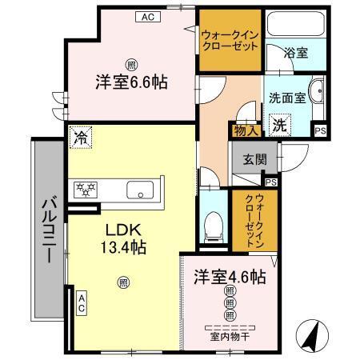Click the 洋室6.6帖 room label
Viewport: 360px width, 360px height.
tap(131, 82)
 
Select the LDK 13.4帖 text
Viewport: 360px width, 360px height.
tap(121, 237)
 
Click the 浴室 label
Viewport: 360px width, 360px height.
tap(297, 54)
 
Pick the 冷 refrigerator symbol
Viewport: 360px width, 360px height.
tap(79, 137)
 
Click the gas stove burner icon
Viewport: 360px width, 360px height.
tap(85, 190)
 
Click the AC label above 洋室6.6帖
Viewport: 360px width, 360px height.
tap(146, 15)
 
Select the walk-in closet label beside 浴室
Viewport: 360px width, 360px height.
tap(230, 40)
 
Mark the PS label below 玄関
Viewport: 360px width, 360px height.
tap(270, 182)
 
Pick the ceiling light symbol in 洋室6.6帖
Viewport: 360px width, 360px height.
tap(131, 64)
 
